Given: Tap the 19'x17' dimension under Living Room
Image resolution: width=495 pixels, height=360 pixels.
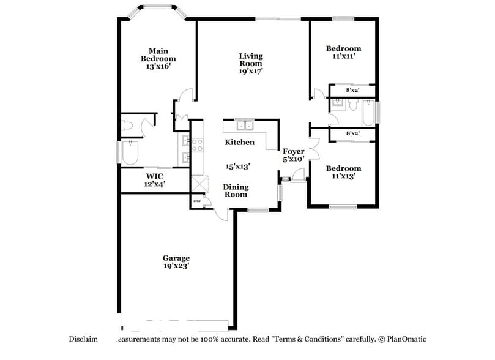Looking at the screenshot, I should [x=251, y=71].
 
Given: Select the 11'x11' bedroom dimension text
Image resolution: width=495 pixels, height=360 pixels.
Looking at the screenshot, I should [x=343, y=56].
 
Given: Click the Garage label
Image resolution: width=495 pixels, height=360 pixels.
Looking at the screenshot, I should [x=176, y=258].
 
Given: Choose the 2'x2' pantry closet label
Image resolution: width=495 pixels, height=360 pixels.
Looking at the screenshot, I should [x=197, y=200].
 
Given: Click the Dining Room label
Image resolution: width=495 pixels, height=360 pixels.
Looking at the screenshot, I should [x=235, y=190].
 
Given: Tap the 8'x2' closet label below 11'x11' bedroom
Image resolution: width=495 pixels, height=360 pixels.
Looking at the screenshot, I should [x=352, y=91].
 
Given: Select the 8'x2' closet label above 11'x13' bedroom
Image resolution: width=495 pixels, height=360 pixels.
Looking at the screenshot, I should [x=352, y=133].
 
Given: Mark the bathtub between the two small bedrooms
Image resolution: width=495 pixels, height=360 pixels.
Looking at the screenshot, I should [x=369, y=112].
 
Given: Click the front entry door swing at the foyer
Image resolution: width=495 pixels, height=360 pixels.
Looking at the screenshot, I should [x=297, y=178].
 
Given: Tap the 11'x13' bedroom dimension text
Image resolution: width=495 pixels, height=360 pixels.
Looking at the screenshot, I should [x=343, y=176].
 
